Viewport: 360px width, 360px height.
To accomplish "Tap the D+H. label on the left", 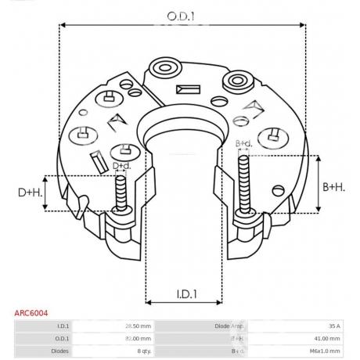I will (31, 193).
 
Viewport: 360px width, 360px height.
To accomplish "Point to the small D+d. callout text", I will (122, 166).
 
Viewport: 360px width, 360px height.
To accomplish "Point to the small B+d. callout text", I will (243, 143).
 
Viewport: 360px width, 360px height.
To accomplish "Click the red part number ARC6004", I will (31, 313).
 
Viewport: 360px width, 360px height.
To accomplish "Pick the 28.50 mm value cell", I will (138, 326).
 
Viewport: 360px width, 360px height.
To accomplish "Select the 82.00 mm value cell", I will (138, 338).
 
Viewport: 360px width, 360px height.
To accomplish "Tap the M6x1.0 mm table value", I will (324, 351).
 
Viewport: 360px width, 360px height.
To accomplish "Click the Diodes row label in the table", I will (61, 351).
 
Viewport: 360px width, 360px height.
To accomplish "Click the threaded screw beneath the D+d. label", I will (122, 194).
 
